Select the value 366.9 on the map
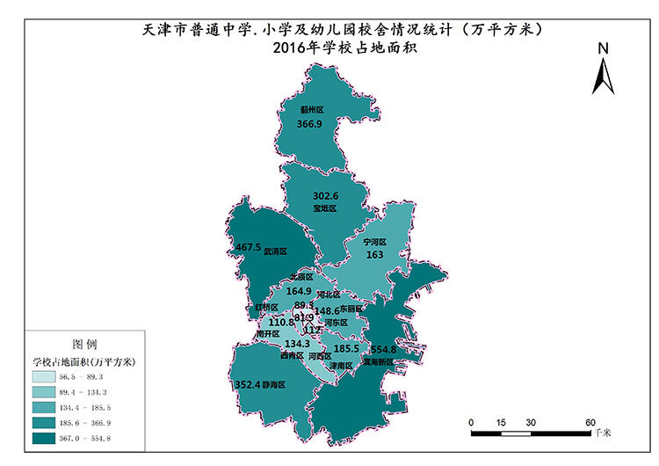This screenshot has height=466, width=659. (309, 125)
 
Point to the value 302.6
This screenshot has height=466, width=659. (325, 195)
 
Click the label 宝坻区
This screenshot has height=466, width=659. (325, 208)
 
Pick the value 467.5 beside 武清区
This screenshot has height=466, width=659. (249, 247)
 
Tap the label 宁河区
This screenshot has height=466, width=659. (375, 241)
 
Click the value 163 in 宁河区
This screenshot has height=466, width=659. (374, 254)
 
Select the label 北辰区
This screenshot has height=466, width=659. (301, 276)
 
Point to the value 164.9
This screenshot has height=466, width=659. (300, 290)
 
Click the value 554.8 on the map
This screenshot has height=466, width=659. (384, 349)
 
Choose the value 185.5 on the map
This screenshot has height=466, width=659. (346, 348)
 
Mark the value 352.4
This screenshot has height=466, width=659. (249, 385)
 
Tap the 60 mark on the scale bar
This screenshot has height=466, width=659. (590, 422)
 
